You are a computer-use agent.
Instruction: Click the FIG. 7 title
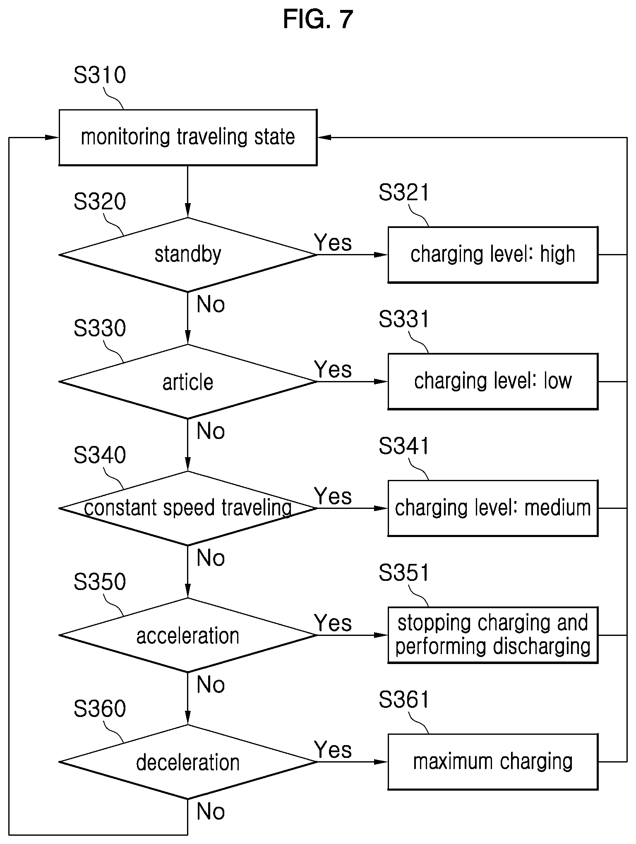click(x=318, y=19)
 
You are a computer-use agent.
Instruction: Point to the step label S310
click(x=100, y=75)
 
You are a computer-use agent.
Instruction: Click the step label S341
click(x=404, y=446)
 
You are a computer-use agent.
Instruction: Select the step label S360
click(x=100, y=708)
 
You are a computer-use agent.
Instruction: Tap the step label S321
click(x=404, y=192)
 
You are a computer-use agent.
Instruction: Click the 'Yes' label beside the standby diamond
click(x=333, y=242)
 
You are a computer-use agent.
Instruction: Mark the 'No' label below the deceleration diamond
click(x=211, y=811)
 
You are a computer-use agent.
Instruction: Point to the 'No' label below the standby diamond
click(x=211, y=304)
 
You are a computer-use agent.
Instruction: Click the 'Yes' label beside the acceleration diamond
click(x=333, y=623)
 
